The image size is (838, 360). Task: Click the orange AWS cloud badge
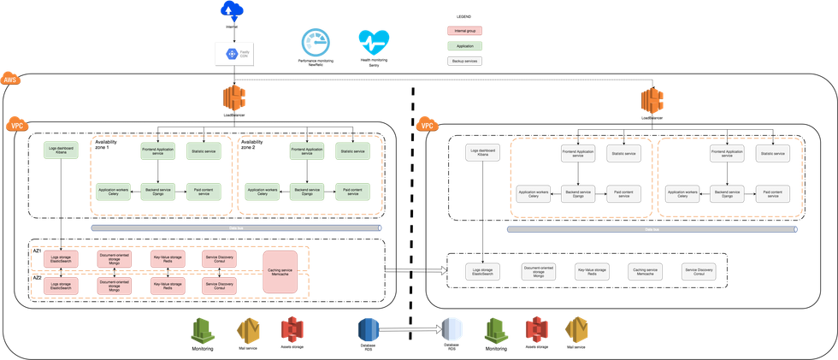click(11, 79)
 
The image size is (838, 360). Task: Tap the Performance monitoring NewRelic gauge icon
click(315, 44)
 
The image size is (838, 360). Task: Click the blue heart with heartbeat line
click(374, 43)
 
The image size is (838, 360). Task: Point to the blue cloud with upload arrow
click(231, 10)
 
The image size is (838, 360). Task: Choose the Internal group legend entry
click(465, 31)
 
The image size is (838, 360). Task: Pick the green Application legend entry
click(465, 46)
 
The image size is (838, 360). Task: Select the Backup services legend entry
click(465, 62)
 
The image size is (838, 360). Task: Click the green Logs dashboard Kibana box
click(61, 151)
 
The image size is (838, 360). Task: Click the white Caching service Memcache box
click(645, 272)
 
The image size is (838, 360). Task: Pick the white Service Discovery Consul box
click(699, 272)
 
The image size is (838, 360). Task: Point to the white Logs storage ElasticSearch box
click(483, 272)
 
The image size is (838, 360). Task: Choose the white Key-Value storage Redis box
click(591, 272)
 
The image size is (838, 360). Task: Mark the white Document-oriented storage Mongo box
click(538, 272)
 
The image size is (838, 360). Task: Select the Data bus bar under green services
click(236, 228)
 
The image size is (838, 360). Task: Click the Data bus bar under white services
click(652, 229)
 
